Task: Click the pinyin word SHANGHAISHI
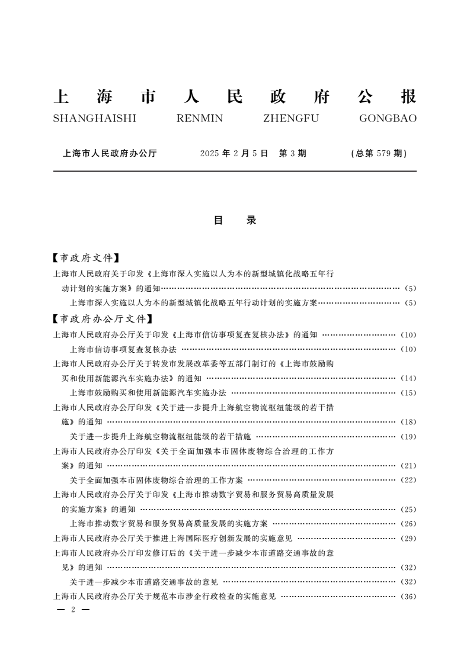(x=95, y=118)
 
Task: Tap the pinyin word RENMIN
(x=200, y=118)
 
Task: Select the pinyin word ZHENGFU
(x=290, y=118)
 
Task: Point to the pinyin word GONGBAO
(x=388, y=118)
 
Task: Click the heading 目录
(x=235, y=221)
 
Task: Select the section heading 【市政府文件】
(x=87, y=258)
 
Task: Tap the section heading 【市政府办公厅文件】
(x=99, y=320)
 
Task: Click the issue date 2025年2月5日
(x=234, y=153)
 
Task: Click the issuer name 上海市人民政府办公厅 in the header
(x=110, y=153)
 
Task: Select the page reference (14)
(x=409, y=378)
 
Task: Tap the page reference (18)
(x=409, y=423)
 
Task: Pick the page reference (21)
(x=409, y=466)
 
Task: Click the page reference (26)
(x=409, y=524)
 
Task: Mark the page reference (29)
(x=409, y=539)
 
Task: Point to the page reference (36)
(x=409, y=597)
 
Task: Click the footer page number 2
(x=72, y=610)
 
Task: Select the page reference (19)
(x=409, y=437)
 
